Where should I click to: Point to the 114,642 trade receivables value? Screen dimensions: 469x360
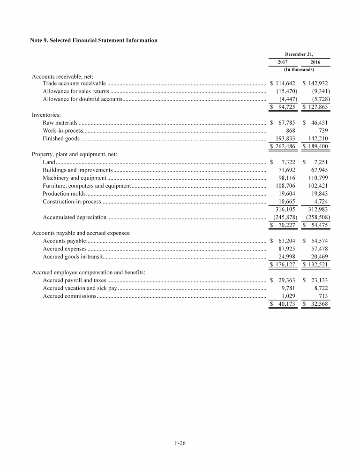click(x=285, y=83)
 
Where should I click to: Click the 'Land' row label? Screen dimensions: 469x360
click(x=49, y=162)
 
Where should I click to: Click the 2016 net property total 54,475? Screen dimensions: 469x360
click(x=318, y=226)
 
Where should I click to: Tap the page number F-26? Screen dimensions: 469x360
click(x=180, y=442)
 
